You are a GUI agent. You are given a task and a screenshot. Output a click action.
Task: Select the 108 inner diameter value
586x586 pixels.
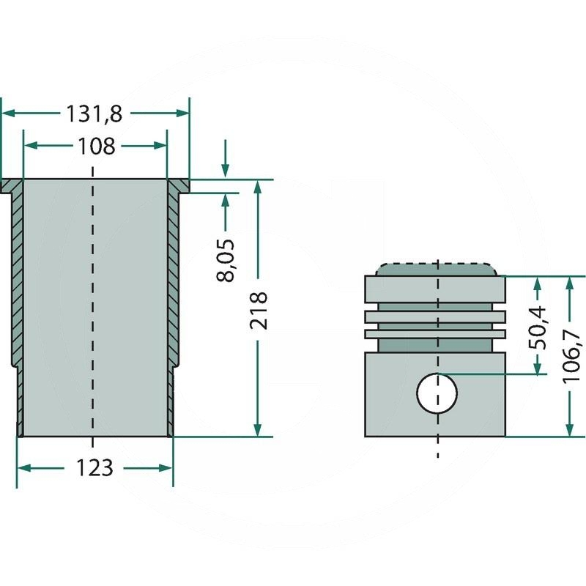[96, 146]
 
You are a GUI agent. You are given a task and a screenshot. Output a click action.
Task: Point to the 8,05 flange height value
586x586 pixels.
[228, 260]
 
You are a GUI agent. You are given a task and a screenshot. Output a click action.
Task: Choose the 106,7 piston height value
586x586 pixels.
[571, 357]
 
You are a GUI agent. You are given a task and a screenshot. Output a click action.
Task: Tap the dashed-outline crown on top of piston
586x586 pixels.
[437, 268]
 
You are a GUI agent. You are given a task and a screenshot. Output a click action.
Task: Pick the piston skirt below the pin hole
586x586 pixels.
[437, 425]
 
